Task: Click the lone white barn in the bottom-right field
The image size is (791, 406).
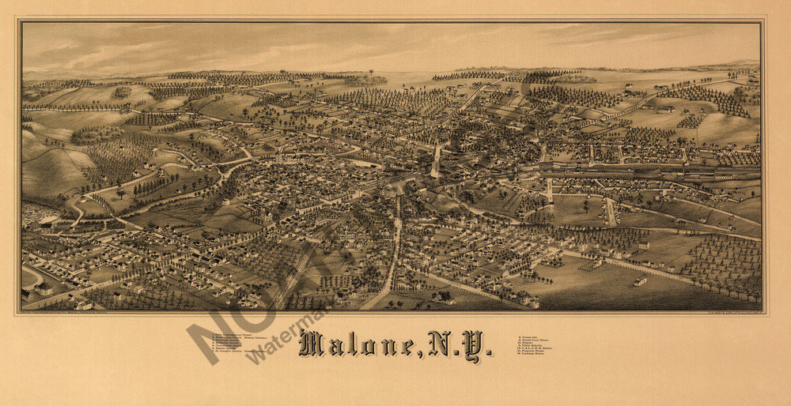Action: (x=640, y=280)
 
